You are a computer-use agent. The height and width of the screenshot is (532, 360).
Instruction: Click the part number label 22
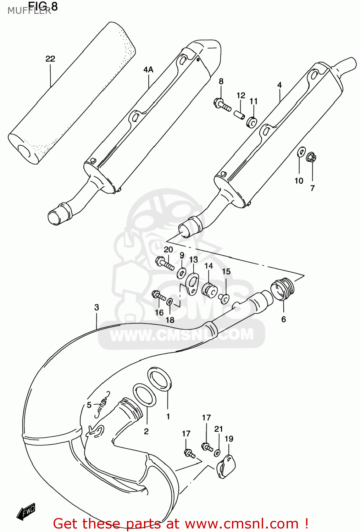pyautogui.click(x=50, y=59)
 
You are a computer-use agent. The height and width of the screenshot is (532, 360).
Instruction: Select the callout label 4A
pyautogui.click(x=148, y=70)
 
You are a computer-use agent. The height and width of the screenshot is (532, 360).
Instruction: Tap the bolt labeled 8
pyautogui.click(x=222, y=104)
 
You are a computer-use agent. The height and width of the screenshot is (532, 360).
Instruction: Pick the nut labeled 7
pyautogui.click(x=311, y=157)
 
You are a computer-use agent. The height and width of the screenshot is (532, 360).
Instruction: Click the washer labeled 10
pyautogui.click(x=300, y=152)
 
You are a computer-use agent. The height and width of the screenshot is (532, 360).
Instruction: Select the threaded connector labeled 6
pyautogui.click(x=283, y=289)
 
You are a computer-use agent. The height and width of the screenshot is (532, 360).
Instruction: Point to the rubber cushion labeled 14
pyautogui.click(x=210, y=290)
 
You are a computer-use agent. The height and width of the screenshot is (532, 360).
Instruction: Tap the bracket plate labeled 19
pyautogui.click(x=226, y=467)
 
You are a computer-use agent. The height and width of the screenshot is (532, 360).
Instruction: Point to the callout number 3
pyautogui.click(x=96, y=307)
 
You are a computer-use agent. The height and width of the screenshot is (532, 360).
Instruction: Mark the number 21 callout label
pyautogui.click(x=218, y=429)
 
